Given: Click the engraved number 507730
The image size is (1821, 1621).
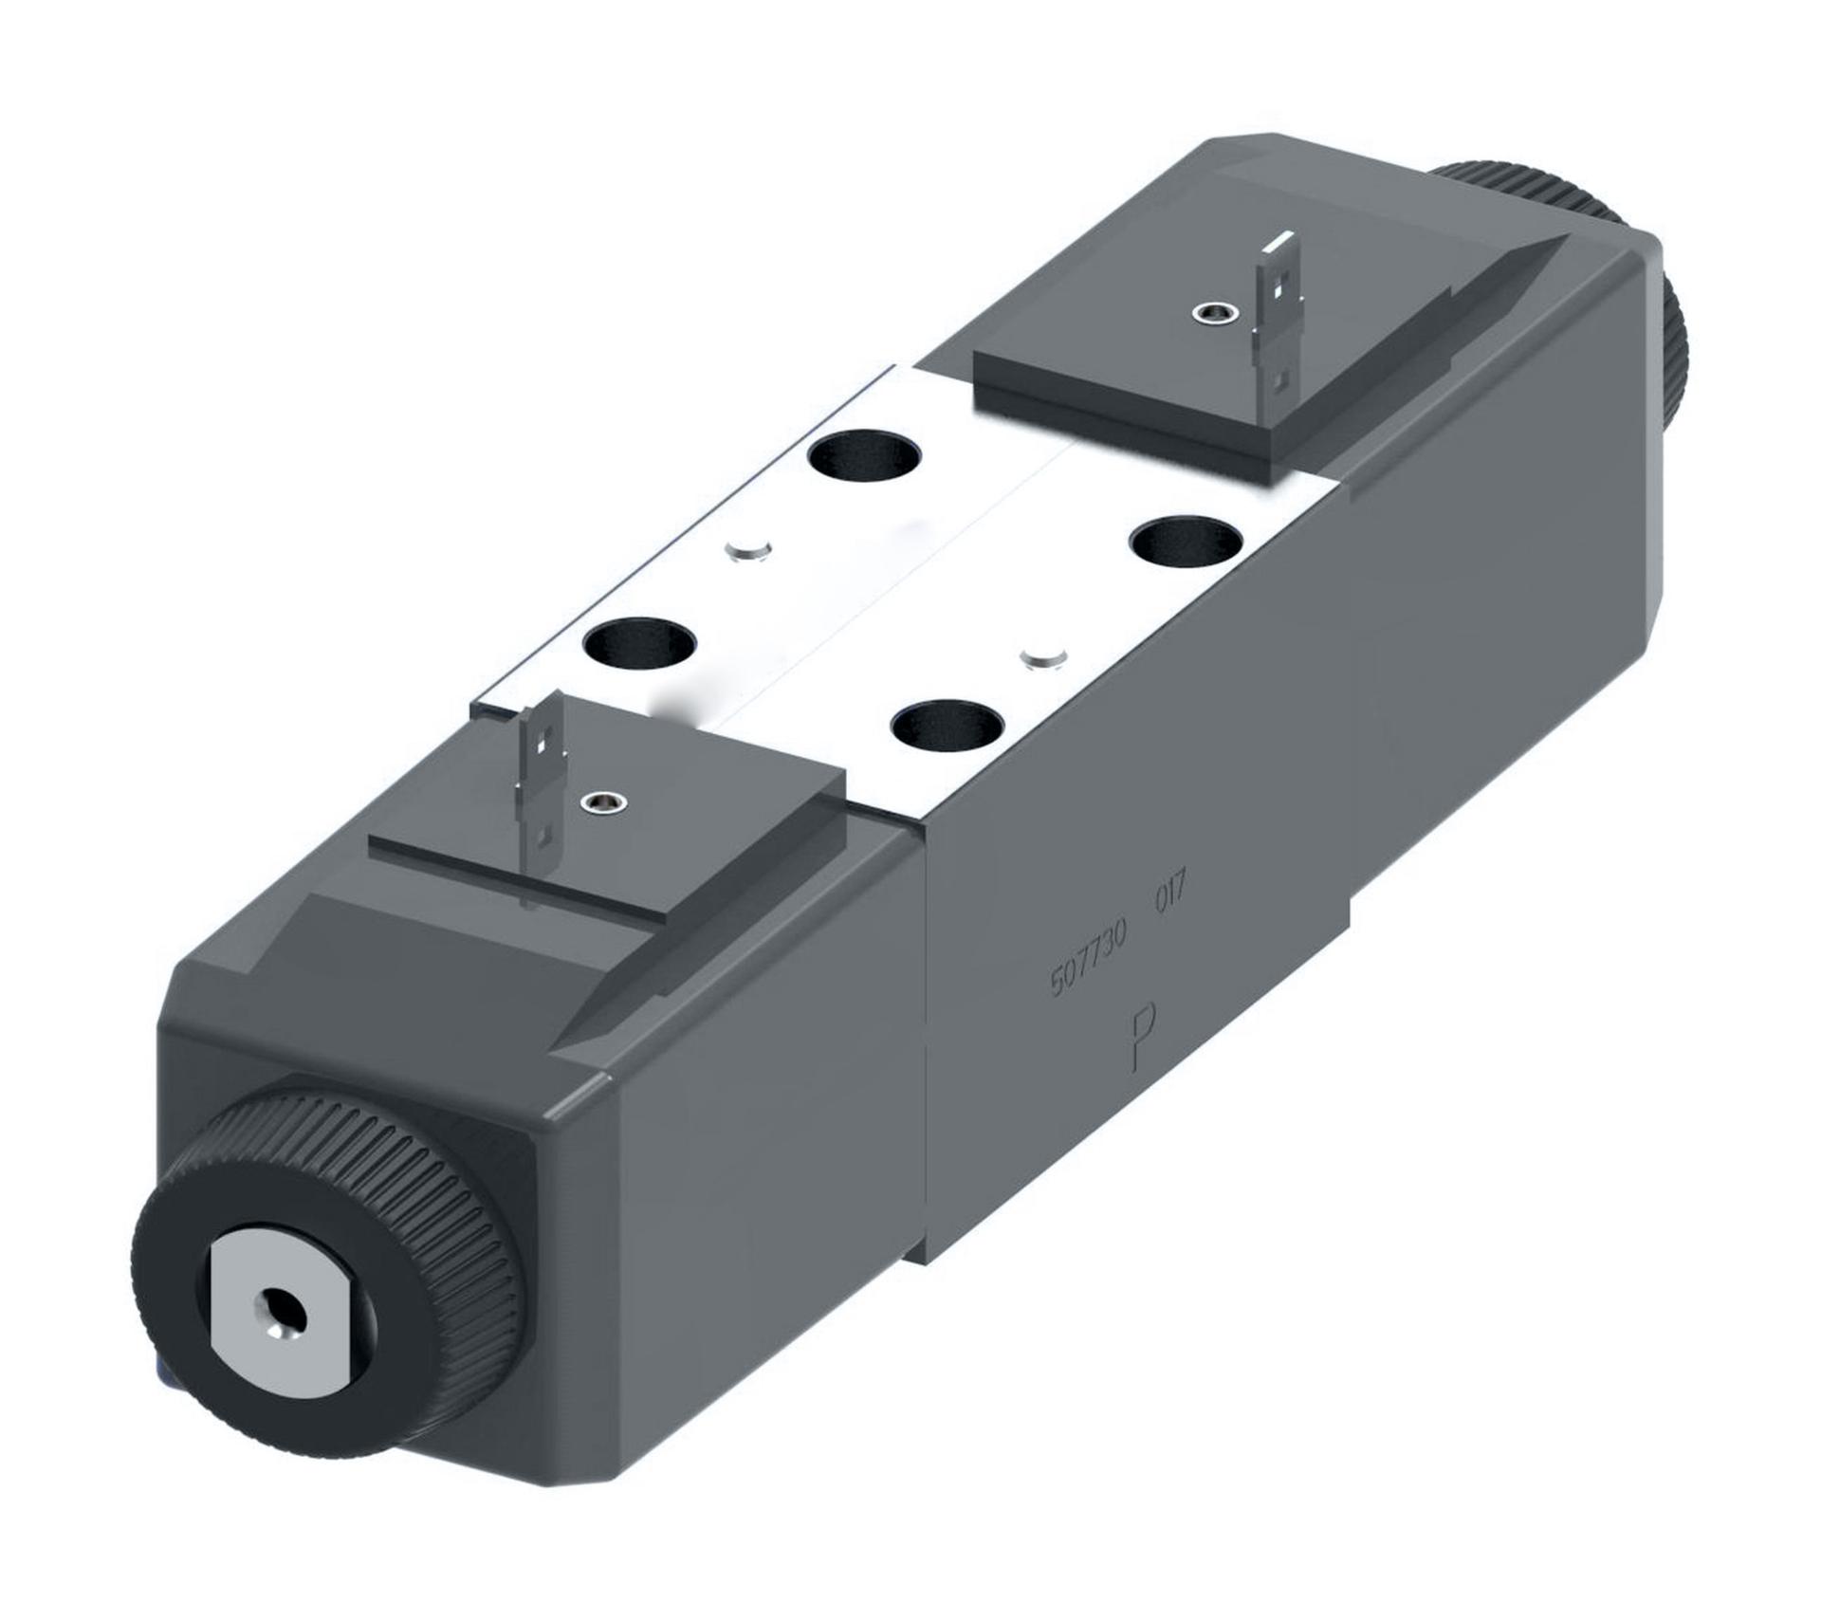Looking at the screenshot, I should point(1087,960).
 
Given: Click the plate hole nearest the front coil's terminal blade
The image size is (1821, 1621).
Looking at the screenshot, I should point(640,643).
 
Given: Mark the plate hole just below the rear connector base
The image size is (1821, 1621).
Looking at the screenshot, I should point(864,456).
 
